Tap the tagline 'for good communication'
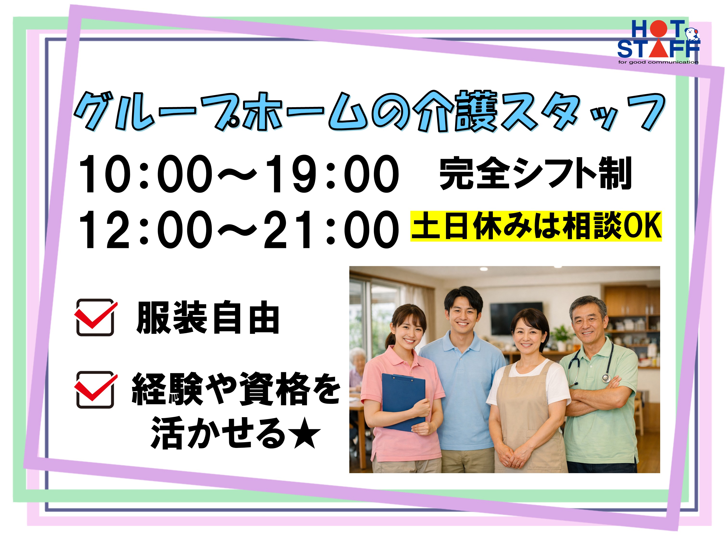click(658, 62)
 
